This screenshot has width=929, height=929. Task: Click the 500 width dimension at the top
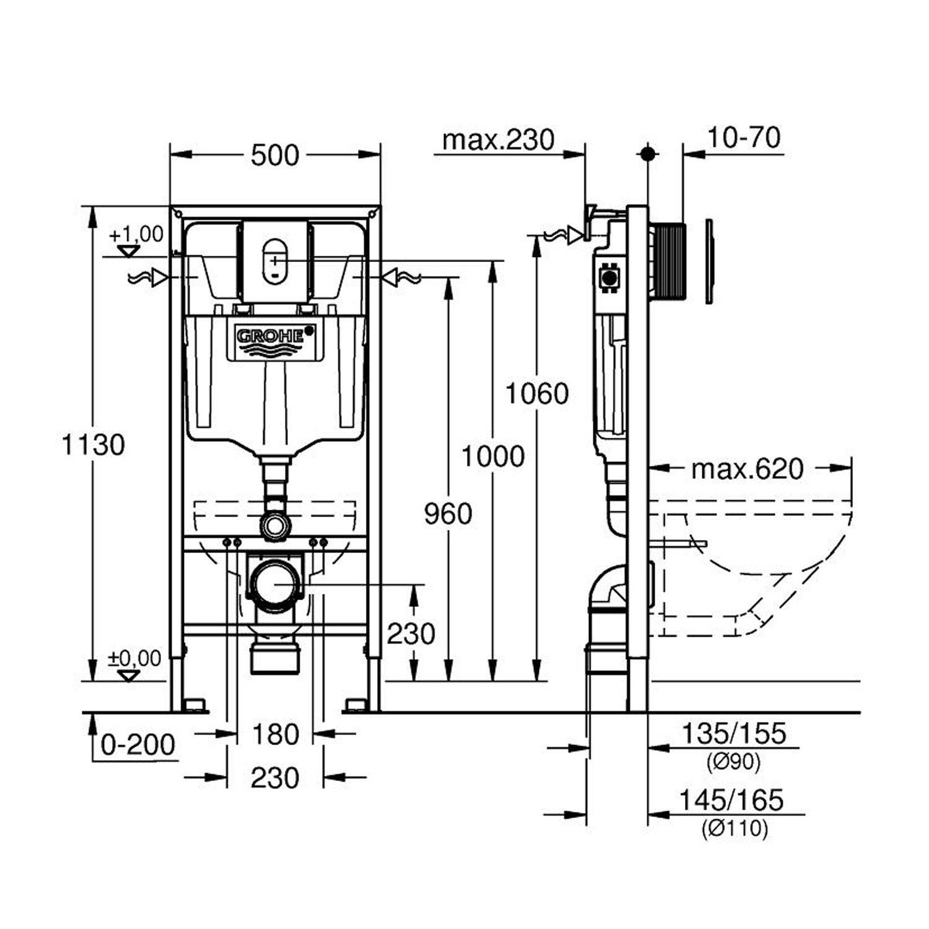click(275, 155)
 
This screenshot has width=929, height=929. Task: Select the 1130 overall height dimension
click(94, 445)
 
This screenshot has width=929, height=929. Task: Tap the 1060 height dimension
click(537, 394)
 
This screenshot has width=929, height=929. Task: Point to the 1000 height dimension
click(493, 456)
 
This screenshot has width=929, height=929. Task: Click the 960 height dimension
click(448, 513)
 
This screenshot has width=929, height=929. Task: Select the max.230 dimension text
click(498, 140)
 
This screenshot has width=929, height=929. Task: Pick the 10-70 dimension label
click(743, 137)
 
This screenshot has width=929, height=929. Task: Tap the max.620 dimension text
click(747, 469)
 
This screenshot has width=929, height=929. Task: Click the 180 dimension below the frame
click(276, 735)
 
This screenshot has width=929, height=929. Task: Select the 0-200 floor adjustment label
click(137, 744)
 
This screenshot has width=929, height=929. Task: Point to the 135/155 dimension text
click(733, 734)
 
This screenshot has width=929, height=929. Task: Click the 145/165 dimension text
click(731, 800)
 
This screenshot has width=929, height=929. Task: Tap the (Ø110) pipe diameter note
click(735, 828)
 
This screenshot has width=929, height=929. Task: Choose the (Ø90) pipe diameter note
click(733, 762)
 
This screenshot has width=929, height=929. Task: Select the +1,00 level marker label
click(136, 234)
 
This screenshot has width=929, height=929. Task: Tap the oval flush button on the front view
click(274, 260)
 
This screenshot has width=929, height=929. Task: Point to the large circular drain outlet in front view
click(275, 583)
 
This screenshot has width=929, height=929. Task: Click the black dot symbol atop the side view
click(648, 153)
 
